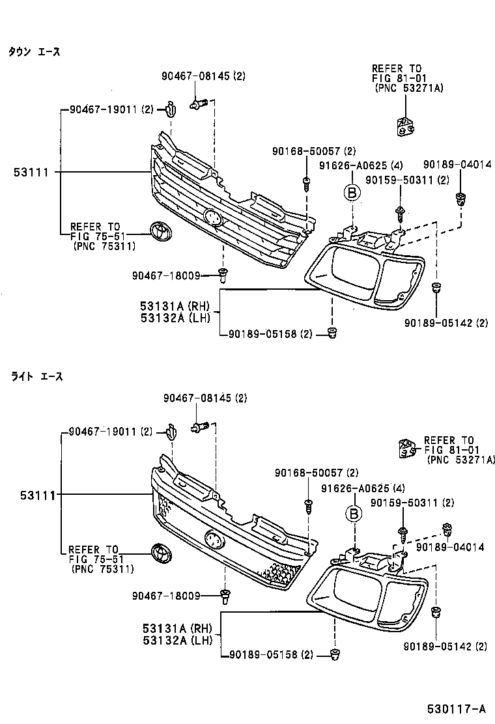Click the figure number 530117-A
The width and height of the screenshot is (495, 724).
click(457, 708)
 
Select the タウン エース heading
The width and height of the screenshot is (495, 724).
click(34, 51)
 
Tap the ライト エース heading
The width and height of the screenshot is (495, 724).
click(36, 376)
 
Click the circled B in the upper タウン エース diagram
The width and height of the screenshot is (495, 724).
click(352, 193)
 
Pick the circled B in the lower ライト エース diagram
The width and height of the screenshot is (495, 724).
click(353, 514)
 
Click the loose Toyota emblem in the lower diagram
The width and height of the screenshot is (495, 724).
click(158, 552)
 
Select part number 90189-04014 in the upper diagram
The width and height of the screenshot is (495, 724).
click(457, 165)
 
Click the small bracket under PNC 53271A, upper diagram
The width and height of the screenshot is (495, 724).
click(406, 127)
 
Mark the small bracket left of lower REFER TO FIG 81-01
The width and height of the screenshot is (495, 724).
click(407, 449)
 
